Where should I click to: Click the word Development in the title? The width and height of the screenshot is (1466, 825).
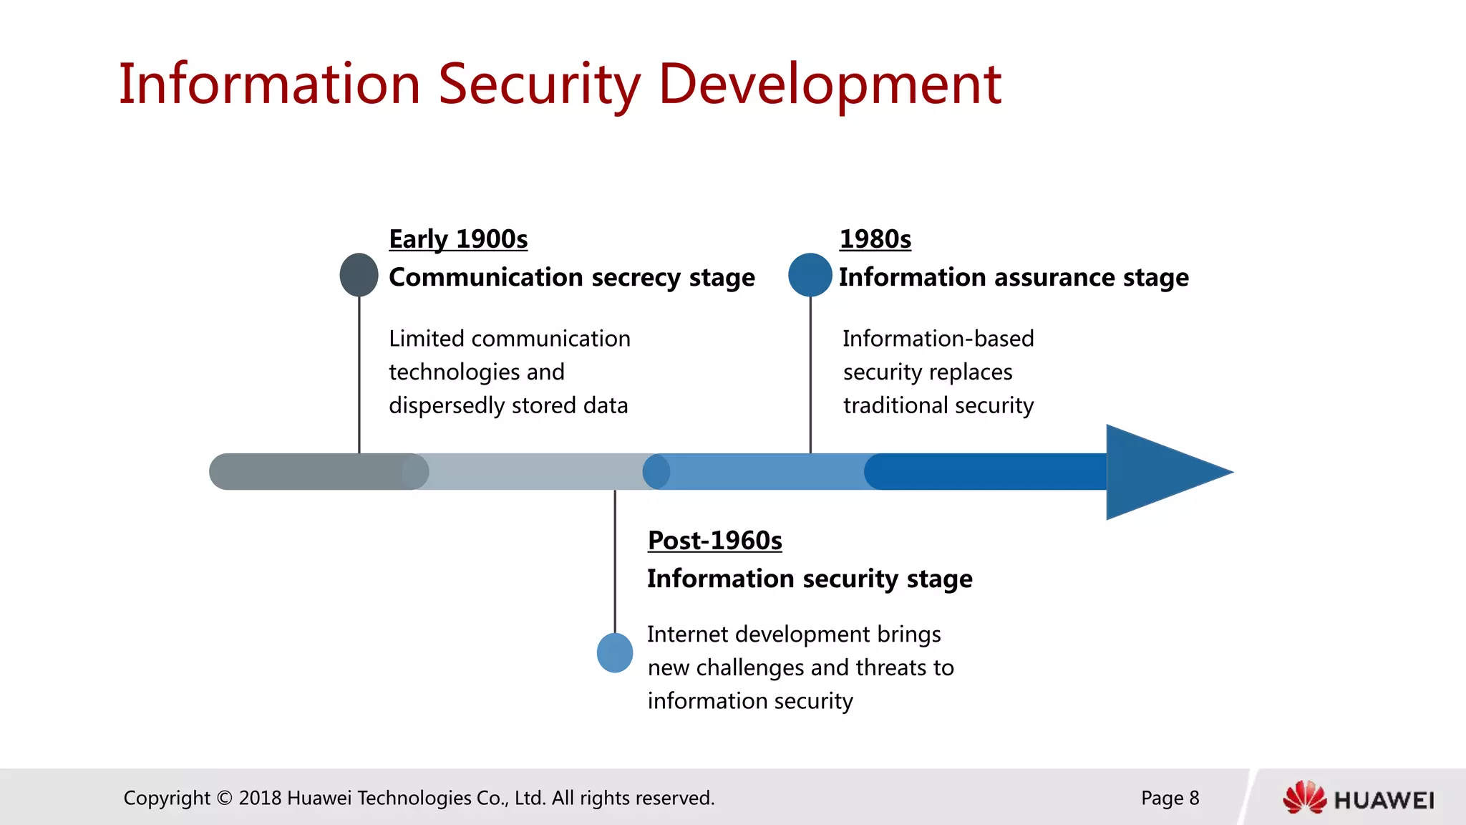829,85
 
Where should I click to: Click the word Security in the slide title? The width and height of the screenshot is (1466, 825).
538,85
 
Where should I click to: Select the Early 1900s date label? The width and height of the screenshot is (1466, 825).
458,239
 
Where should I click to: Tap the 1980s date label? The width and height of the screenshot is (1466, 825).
875,239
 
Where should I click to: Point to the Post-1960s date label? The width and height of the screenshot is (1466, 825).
714,541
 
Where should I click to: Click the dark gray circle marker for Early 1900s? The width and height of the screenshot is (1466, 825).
359,275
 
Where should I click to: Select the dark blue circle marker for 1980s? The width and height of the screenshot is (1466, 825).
810,275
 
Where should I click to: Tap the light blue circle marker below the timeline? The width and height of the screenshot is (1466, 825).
615,652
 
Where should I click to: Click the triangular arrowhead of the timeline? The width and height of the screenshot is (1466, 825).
1160,472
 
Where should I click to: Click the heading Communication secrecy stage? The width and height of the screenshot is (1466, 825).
571,277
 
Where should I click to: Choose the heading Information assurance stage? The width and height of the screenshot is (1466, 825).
1013,277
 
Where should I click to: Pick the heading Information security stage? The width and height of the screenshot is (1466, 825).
809,579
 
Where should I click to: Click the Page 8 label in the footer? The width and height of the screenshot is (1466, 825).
1170,798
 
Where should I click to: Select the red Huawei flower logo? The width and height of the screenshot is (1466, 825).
1304,797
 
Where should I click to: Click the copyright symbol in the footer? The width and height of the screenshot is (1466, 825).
224,798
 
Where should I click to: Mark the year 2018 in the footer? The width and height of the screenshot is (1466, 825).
260,798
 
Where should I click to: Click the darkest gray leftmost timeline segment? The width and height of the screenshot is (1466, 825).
308,472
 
